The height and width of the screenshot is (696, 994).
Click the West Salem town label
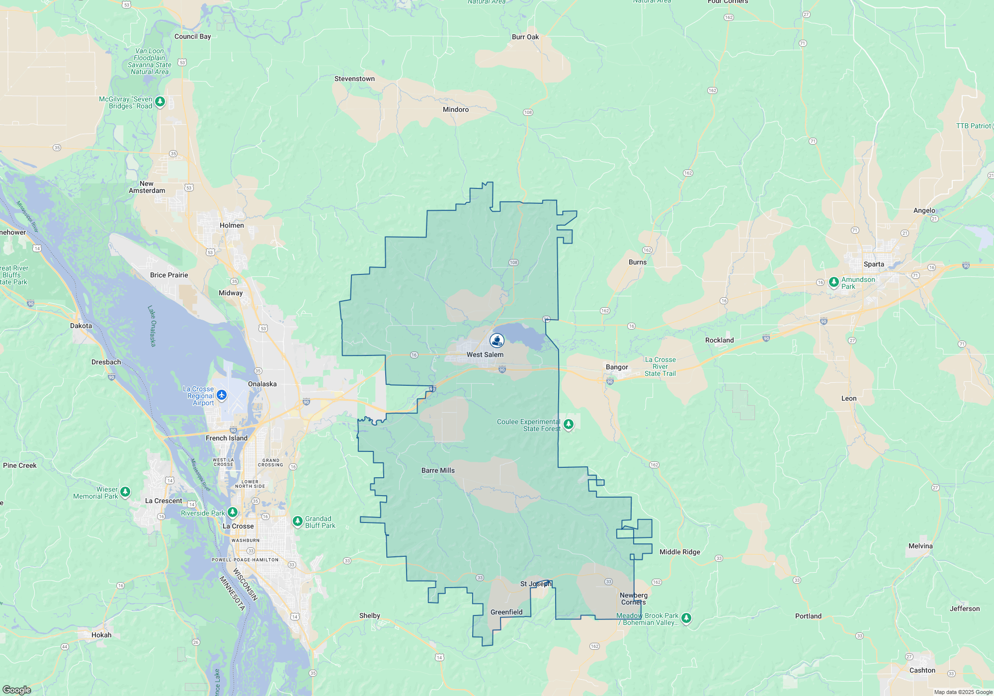point(485,354)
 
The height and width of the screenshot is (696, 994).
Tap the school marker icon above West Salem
point(497,340)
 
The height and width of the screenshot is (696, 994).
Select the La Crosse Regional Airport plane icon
point(222,395)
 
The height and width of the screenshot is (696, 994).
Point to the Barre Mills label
point(438,470)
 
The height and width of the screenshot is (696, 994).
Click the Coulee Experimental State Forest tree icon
point(569,424)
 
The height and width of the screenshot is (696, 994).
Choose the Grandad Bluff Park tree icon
point(297,521)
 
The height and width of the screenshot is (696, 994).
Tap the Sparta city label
point(874,264)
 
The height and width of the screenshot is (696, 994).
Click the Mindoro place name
point(456,109)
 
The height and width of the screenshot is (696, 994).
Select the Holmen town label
point(232,225)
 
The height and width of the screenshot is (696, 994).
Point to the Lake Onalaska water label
point(152,326)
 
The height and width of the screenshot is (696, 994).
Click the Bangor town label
point(617,367)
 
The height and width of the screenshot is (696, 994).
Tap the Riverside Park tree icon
point(232,512)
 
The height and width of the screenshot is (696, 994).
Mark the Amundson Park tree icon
point(834,282)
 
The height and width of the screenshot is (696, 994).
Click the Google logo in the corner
point(17,690)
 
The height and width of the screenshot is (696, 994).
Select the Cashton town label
point(922,670)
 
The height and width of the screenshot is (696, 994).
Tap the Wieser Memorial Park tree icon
point(125,492)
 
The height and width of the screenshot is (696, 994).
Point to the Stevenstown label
point(354,79)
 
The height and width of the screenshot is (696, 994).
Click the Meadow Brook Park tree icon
point(686,618)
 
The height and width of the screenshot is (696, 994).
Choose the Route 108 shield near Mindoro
point(528,112)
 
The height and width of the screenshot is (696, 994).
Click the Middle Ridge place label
point(679,552)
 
